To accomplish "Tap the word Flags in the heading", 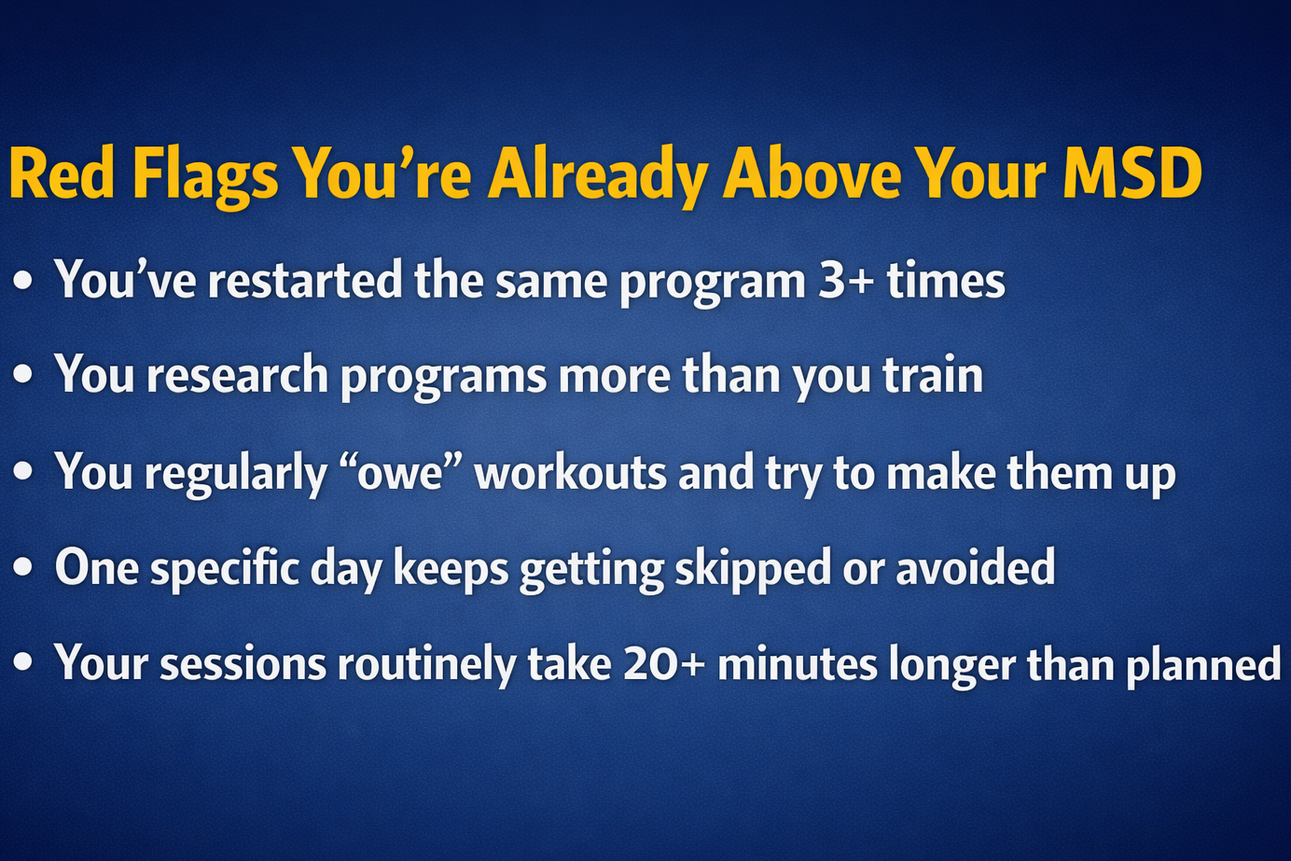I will (205, 174).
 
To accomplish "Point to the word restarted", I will (305, 280).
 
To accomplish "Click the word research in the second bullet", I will (237, 375).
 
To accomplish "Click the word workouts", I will (570, 472).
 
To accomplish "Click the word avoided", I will (976, 567).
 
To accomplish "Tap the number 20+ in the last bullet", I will (664, 664).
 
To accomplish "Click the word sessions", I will (243, 664).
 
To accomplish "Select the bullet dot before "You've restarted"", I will (23, 280).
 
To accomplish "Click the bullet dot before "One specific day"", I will (23, 567).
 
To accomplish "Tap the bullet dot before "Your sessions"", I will (23, 663).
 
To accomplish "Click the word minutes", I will (797, 664).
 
